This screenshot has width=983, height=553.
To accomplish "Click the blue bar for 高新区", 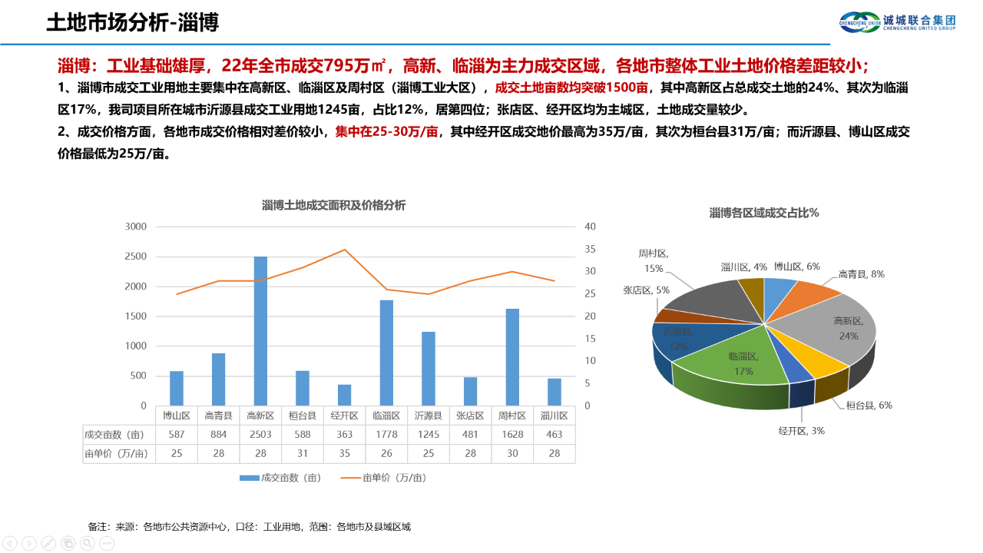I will (260, 330).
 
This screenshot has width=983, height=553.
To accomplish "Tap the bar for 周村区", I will (512, 356).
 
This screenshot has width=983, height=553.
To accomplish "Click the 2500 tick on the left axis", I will (135, 257).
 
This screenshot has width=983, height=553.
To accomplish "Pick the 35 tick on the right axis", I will (590, 249).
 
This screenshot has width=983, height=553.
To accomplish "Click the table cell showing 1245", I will (428, 434).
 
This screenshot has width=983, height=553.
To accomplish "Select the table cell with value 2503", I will (260, 434).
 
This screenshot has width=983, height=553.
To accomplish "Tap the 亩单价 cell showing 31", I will (302, 453).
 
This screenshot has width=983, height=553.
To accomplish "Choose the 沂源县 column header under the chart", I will (428, 416).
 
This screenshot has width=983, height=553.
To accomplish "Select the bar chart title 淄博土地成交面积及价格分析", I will (333, 205).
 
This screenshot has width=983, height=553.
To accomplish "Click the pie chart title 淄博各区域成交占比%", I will (764, 213).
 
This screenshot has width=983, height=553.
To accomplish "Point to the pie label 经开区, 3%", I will (801, 431).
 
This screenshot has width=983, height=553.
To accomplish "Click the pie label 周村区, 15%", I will (654, 260).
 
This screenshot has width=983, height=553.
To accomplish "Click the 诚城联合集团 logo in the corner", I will (896, 22).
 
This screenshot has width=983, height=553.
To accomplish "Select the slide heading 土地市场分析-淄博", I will (132, 22).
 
